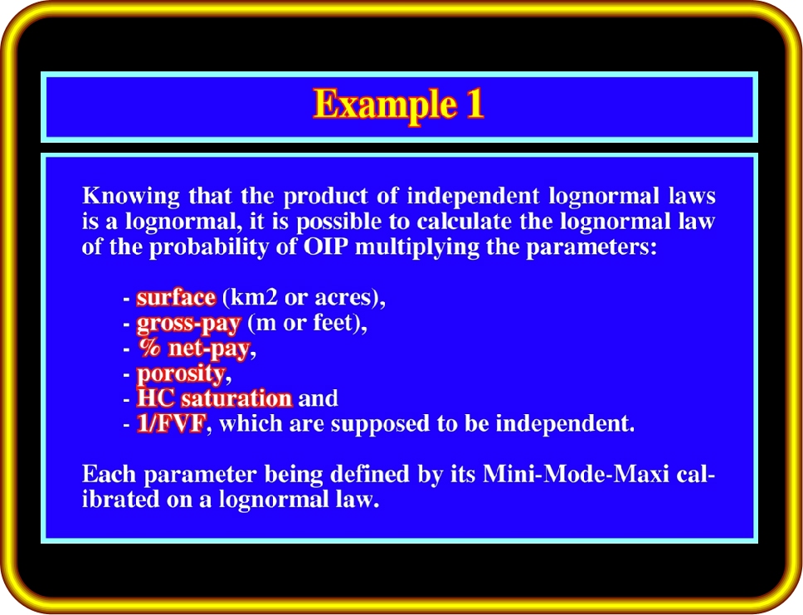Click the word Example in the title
coord(385,105)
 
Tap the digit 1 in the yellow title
coord(474,104)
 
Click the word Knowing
coord(131,197)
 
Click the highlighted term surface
coord(176,298)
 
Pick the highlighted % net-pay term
coord(194,349)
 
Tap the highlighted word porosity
coord(181,374)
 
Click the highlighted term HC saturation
coord(214,398)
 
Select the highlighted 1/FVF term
coord(171,424)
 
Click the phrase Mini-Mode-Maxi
coord(577,474)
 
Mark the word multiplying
coord(417,248)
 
